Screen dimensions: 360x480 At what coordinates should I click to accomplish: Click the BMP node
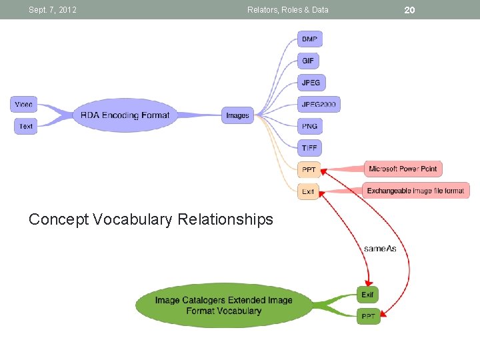309,39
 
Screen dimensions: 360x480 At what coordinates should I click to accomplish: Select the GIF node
308,61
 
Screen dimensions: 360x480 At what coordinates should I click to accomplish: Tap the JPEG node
311,83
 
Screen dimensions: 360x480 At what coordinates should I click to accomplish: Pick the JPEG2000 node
319,104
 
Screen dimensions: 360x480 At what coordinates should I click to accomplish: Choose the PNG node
309,126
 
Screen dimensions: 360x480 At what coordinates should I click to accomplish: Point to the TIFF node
309,148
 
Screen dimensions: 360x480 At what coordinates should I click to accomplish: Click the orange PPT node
309,170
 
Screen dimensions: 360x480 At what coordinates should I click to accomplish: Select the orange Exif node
308,191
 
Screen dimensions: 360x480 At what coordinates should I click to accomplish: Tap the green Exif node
368,295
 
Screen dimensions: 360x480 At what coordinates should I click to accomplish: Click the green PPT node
368,317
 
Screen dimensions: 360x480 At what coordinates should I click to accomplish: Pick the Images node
237,115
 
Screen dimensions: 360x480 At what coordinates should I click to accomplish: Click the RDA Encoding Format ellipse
125,115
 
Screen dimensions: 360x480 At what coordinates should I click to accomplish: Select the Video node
24,105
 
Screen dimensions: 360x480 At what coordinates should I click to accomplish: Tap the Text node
26,126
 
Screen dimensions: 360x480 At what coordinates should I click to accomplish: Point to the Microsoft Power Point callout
403,169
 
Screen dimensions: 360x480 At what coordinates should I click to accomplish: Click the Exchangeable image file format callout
415,191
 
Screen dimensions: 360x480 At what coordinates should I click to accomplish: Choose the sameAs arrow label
380,249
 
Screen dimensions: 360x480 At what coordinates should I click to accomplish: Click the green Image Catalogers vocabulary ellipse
224,305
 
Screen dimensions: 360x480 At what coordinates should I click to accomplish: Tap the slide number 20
409,9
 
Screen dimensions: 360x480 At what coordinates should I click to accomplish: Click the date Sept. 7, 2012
53,10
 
